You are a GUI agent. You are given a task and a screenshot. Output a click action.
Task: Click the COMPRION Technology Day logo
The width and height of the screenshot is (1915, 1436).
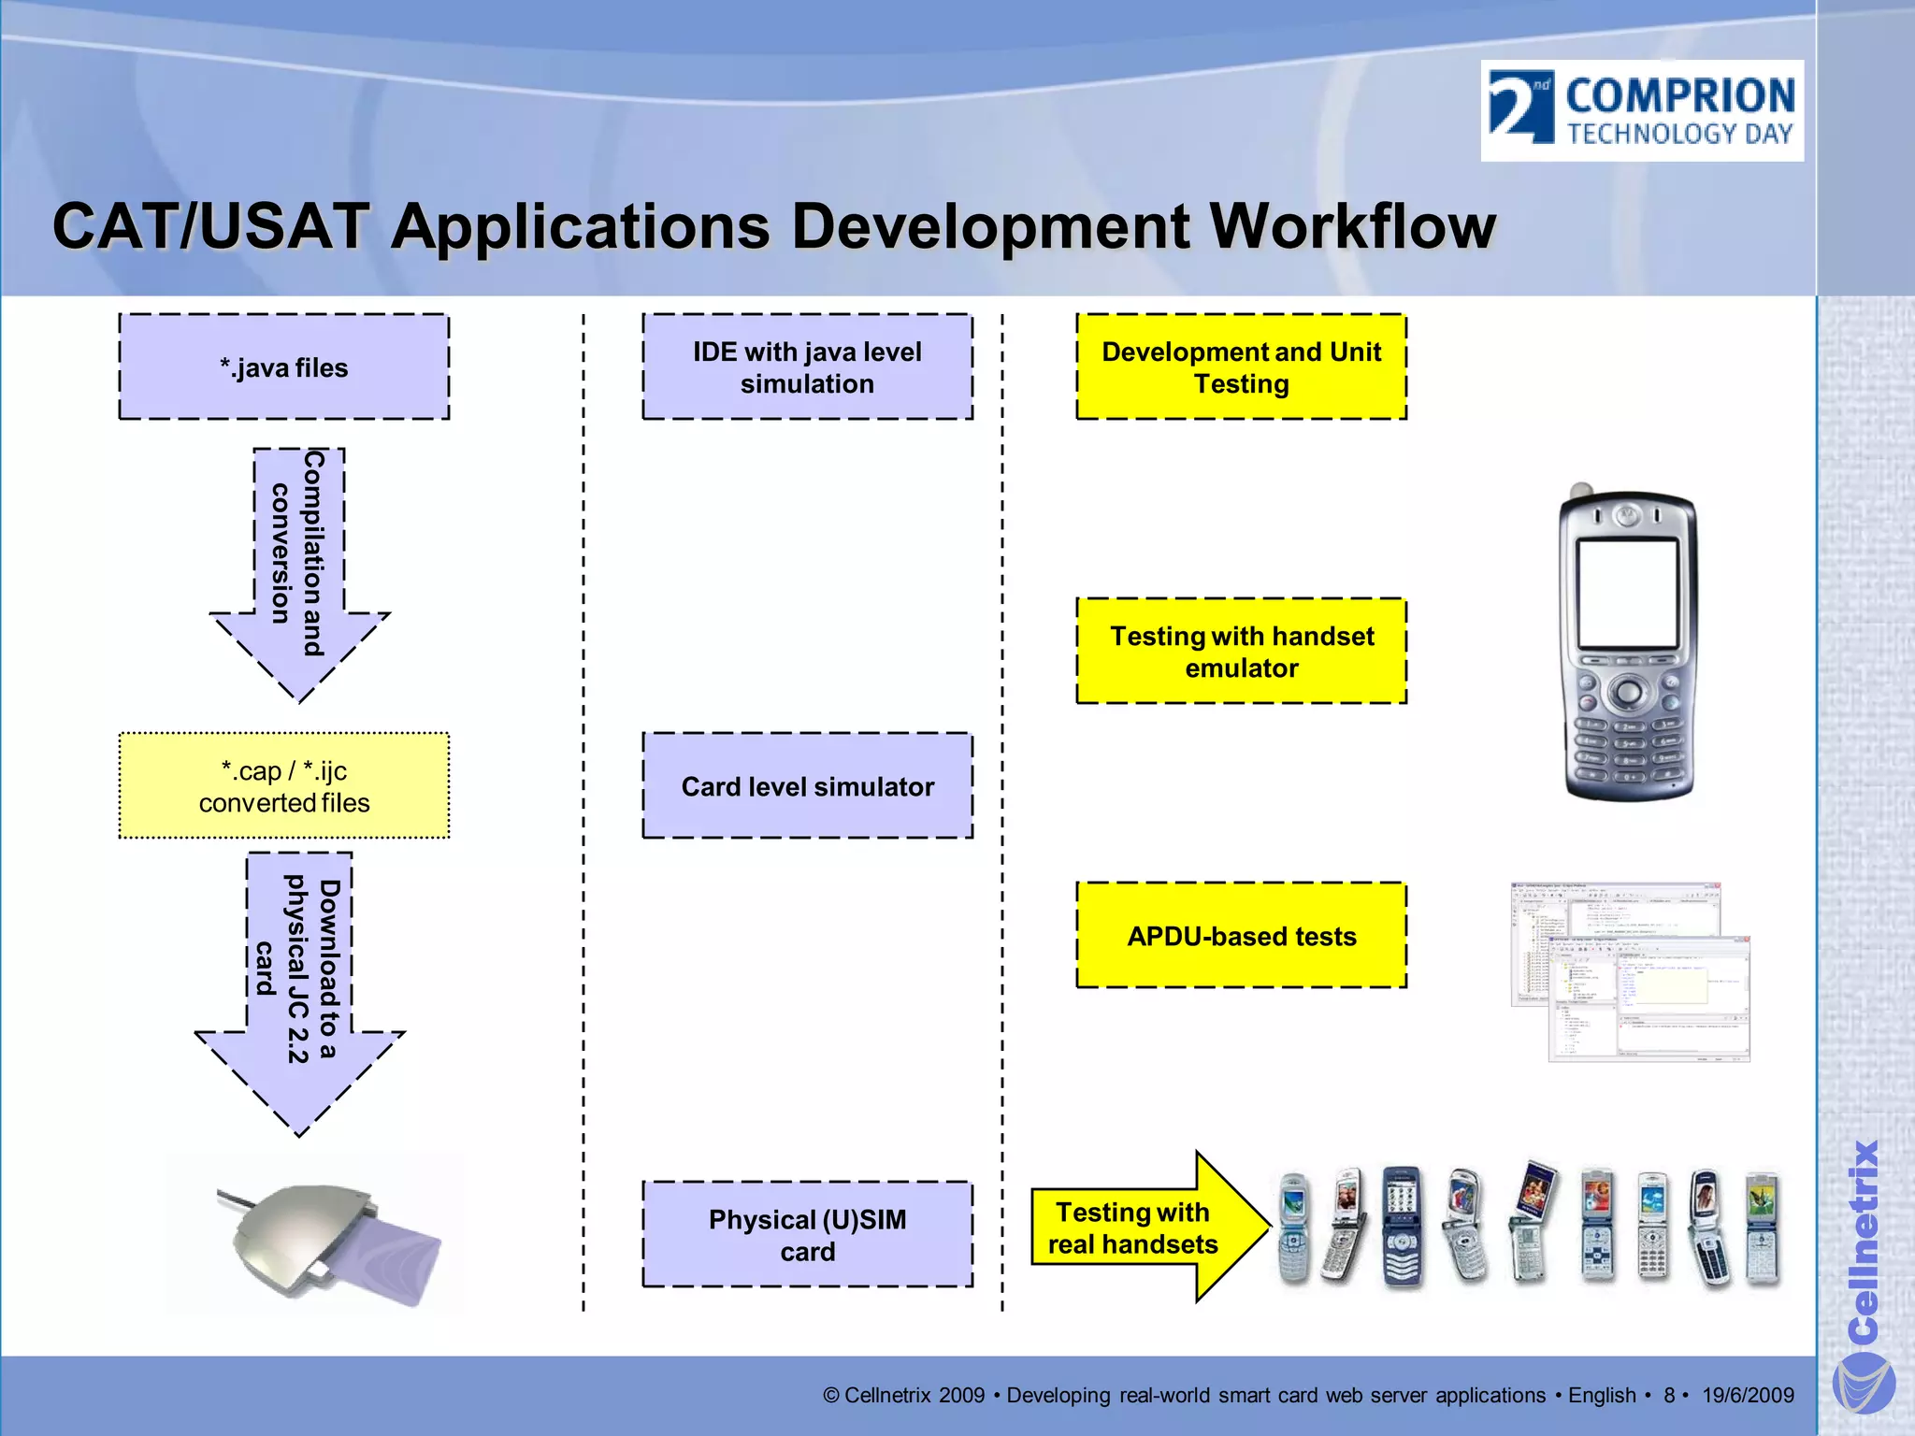pyautogui.click(x=1641, y=110)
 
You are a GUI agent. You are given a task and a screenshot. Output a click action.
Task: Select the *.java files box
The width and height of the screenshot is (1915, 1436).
pyautogui.click(x=283, y=367)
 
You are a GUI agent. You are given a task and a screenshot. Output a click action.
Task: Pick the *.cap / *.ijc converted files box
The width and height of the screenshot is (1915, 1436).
pyautogui.click(x=283, y=786)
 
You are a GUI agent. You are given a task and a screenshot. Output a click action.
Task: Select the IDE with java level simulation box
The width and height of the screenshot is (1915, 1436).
pyautogui.click(x=807, y=367)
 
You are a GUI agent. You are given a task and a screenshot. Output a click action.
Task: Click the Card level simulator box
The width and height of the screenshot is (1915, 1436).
pyautogui.click(x=807, y=786)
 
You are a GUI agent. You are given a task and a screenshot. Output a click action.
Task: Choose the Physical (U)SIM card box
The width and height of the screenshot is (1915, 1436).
pyautogui.click(x=807, y=1235)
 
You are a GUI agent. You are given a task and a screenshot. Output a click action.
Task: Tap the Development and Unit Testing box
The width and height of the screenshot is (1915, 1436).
pyautogui.click(x=1241, y=367)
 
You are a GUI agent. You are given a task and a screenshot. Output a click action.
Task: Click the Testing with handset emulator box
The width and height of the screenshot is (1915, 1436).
pyautogui.click(x=1241, y=652)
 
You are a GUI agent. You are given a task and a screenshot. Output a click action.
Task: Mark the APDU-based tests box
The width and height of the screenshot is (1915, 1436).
pyautogui.click(x=1241, y=936)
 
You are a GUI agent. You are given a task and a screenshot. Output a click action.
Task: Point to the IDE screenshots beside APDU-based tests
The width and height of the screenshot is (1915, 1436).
pyautogui.click(x=1630, y=972)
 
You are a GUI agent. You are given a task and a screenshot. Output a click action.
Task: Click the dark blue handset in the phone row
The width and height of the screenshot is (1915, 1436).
pyautogui.click(x=1401, y=1227)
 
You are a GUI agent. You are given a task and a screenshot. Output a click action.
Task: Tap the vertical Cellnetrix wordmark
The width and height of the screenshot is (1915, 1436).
pyautogui.click(x=1863, y=1239)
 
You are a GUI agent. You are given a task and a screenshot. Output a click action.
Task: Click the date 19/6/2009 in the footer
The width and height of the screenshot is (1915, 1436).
pyautogui.click(x=1747, y=1396)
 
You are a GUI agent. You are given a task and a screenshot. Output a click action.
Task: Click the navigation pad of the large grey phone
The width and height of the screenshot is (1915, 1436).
pyautogui.click(x=1628, y=694)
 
